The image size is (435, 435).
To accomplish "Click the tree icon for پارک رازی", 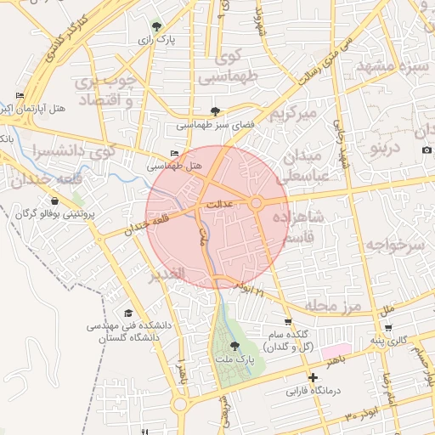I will click(155, 25).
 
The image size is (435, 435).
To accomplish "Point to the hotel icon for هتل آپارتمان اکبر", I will click(20, 96).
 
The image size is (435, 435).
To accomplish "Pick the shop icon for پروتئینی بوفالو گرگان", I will click(55, 201).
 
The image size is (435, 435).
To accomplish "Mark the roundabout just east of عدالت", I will click(257, 203).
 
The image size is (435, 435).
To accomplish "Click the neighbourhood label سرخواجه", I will click(393, 246).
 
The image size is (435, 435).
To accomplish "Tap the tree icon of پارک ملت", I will click(235, 345).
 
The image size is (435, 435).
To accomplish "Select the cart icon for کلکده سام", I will click(289, 322).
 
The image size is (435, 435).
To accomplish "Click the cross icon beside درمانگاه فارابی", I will click(314, 377).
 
